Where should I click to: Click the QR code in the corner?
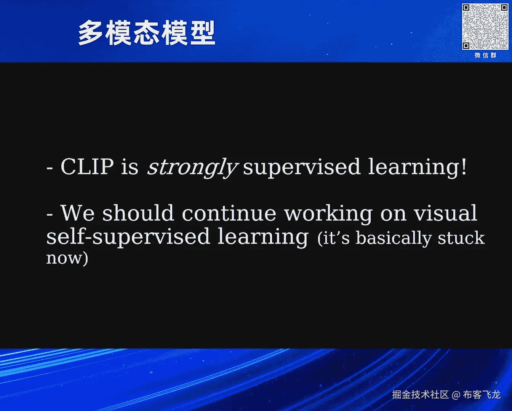pyautogui.click(x=485, y=27)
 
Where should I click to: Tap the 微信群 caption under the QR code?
pyautogui.click(x=485, y=56)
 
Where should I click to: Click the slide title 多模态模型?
pyautogui.click(x=147, y=33)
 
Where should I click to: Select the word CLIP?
pyautogui.click(x=87, y=166)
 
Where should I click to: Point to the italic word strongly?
pyautogui.click(x=192, y=168)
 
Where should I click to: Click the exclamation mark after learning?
pyautogui.click(x=464, y=166)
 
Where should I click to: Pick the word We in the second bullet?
pyautogui.click(x=78, y=213)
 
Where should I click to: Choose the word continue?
pyautogui.click(x=229, y=213)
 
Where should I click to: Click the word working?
pyautogui.click(x=328, y=214)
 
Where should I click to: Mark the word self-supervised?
pyautogui.click(x=128, y=237)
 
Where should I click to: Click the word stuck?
pyautogui.click(x=461, y=237)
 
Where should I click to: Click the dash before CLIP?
pyautogui.click(x=50, y=168)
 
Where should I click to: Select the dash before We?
pyautogui.click(x=50, y=215)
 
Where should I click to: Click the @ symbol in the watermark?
pyautogui.click(x=456, y=395)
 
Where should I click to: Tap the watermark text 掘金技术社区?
pyautogui.click(x=420, y=395)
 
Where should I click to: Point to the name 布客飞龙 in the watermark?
pyautogui.click(x=482, y=395)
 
